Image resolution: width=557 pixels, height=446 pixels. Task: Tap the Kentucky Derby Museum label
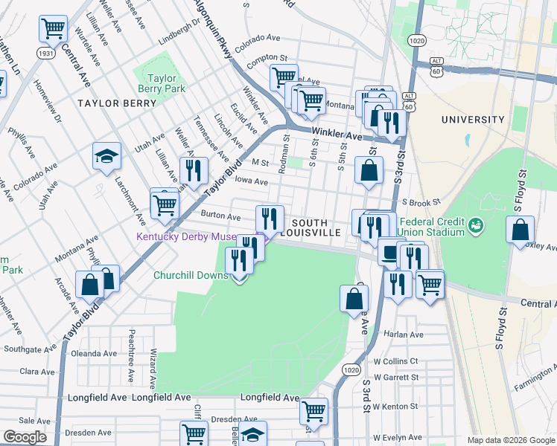[186, 237]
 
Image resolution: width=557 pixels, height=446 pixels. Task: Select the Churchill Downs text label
[190, 275]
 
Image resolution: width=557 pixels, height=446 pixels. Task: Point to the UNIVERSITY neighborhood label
[472, 119]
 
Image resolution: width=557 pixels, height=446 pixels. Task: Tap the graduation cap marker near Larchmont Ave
[106, 156]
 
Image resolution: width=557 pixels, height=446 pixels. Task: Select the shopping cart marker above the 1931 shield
[54, 29]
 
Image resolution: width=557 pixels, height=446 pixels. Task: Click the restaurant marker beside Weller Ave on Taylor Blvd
[194, 170]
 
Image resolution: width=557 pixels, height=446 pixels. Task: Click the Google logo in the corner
[25, 436]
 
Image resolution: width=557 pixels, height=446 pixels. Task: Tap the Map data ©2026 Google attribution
[511, 440]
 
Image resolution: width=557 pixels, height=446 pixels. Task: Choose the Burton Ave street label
[220, 217]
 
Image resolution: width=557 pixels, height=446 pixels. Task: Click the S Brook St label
[421, 201]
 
